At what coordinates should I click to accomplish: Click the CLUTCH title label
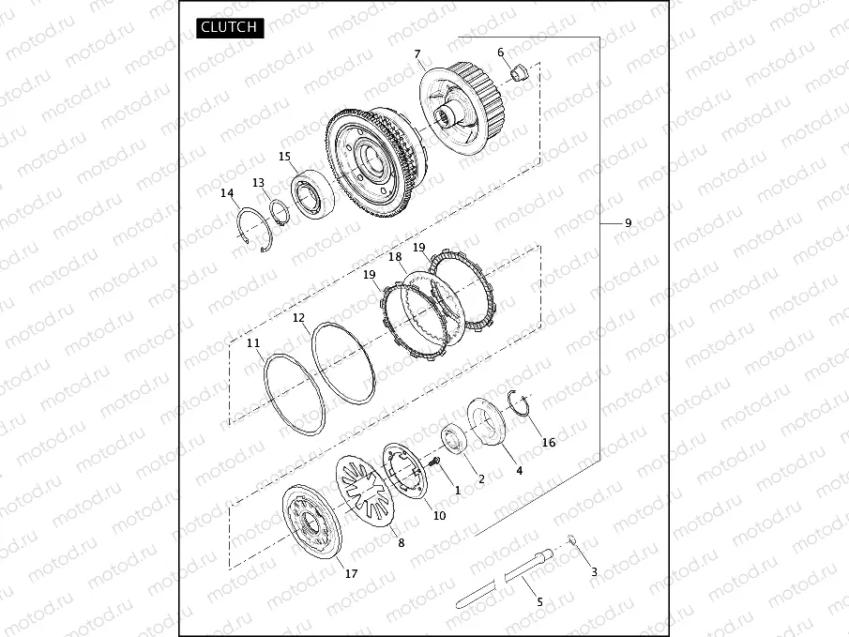(x=230, y=27)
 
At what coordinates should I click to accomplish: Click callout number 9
(x=628, y=223)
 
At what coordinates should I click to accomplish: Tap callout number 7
(x=417, y=53)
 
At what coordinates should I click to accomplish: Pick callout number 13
(x=258, y=183)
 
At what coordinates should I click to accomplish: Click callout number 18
(x=395, y=256)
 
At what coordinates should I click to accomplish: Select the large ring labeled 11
(x=294, y=392)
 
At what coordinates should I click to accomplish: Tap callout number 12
(x=298, y=318)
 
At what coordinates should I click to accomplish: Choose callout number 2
(x=481, y=478)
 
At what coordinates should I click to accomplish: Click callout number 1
(x=457, y=489)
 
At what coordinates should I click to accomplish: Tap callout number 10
(x=439, y=515)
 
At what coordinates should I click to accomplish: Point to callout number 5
(x=539, y=601)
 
